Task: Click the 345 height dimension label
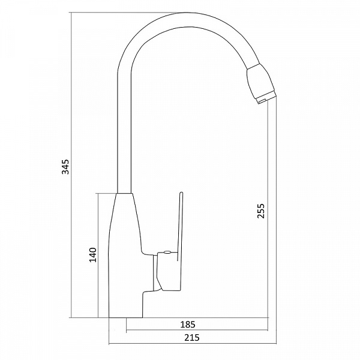pyautogui.click(x=65, y=166)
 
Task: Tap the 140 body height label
pyautogui.click(x=93, y=255)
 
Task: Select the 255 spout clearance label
pyautogui.click(x=261, y=211)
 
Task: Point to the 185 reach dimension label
pyautogui.click(x=188, y=325)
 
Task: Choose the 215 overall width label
pyautogui.click(x=192, y=338)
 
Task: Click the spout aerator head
pyautogui.click(x=260, y=82)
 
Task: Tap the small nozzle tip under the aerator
pyautogui.click(x=262, y=101)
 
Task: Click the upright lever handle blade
pyautogui.click(x=181, y=226)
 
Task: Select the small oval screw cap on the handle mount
pyautogui.click(x=167, y=253)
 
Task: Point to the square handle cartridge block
pyautogui.click(x=169, y=271)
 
